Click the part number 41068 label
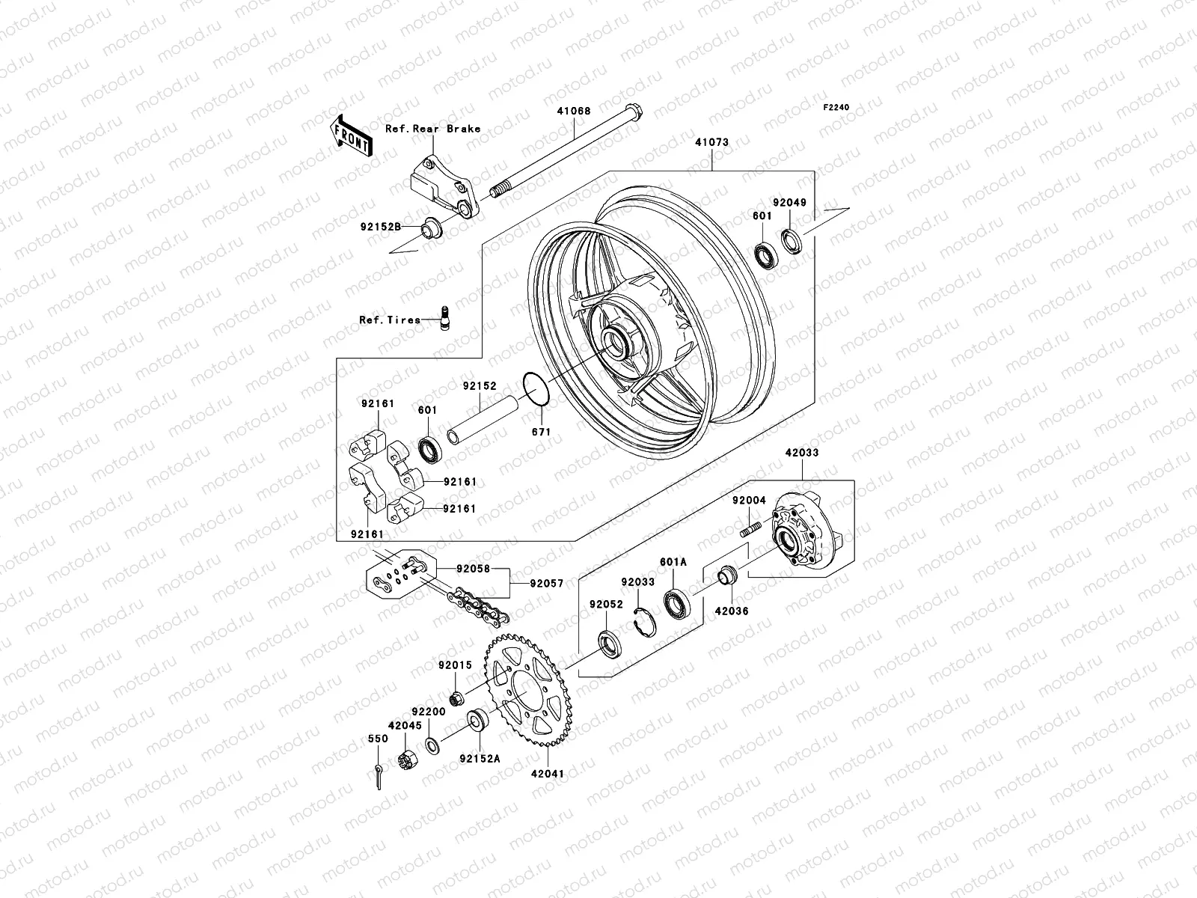(x=573, y=111)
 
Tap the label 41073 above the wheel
(x=711, y=141)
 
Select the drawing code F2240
(x=836, y=108)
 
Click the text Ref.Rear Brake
(x=443, y=129)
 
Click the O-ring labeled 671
(x=537, y=389)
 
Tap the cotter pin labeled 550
(x=379, y=776)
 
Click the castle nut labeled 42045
(x=409, y=763)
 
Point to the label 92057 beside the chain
(x=546, y=583)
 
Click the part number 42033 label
(x=801, y=453)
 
